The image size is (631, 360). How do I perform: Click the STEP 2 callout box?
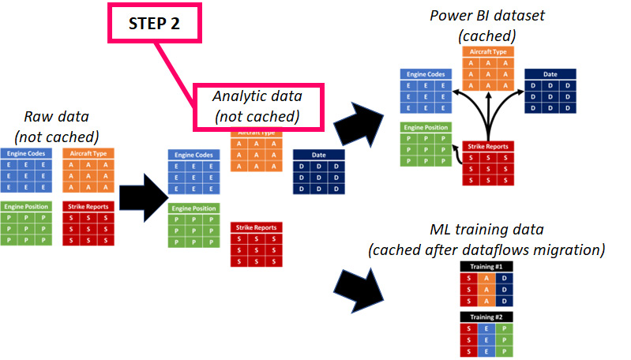155,23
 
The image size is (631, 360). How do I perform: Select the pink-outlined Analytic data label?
257,106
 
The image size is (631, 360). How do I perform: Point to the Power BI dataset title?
486,26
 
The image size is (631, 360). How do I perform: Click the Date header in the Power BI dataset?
550,73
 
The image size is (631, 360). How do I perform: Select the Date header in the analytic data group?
318,155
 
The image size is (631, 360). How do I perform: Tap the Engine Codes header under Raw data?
28,152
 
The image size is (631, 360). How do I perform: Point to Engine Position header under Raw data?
28,206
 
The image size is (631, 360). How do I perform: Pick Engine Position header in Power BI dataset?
426,127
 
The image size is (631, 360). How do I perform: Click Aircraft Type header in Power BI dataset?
488,51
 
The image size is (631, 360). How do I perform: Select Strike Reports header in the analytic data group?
256,227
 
